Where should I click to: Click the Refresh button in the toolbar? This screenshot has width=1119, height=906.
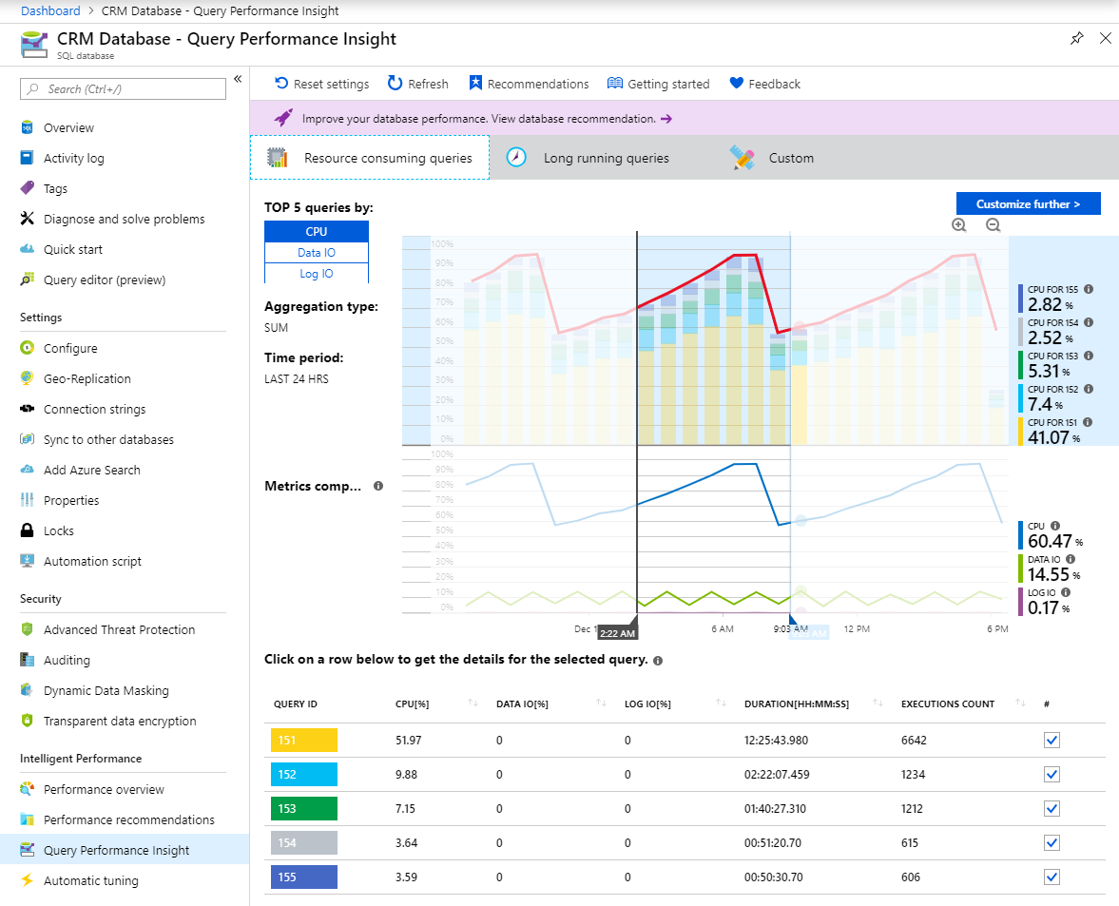pyautogui.click(x=418, y=84)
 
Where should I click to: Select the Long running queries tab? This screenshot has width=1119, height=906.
pyautogui.click(x=606, y=158)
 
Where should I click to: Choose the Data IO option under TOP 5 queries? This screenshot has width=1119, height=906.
pyautogui.click(x=316, y=253)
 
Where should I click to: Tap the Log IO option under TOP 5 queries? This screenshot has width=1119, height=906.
pyautogui.click(x=316, y=274)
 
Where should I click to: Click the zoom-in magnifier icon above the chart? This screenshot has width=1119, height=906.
pyautogui.click(x=959, y=225)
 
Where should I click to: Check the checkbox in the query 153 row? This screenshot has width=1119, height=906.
pyautogui.click(x=1051, y=808)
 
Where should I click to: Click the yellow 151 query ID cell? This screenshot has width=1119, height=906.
pyautogui.click(x=304, y=741)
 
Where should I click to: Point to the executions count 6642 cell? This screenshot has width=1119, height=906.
pyautogui.click(x=914, y=741)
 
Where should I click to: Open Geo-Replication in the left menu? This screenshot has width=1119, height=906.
pyautogui.click(x=87, y=378)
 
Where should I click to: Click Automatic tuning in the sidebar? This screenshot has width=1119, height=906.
pyautogui.click(x=90, y=880)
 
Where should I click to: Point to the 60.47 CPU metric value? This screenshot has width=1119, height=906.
pyautogui.click(x=1049, y=541)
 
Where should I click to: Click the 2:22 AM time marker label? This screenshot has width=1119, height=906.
pyautogui.click(x=618, y=633)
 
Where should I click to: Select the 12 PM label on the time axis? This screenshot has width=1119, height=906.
pyautogui.click(x=858, y=629)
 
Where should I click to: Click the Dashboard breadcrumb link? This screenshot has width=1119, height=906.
pyautogui.click(x=50, y=10)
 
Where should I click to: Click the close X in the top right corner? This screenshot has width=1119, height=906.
pyautogui.click(x=1105, y=38)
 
